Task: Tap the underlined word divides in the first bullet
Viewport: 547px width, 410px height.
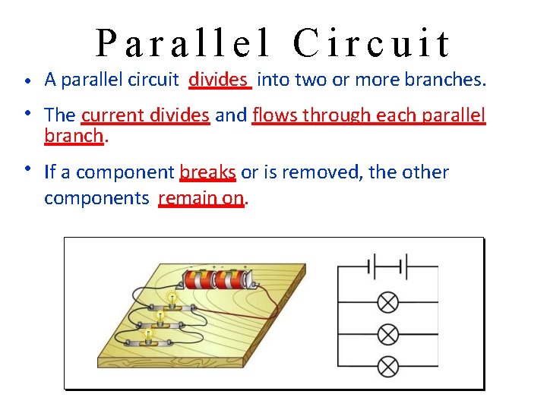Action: coord(218,79)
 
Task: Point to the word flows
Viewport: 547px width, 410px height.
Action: coord(276,115)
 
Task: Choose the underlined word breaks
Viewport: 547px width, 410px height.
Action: coord(208,172)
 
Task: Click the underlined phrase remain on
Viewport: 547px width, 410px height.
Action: coord(202,199)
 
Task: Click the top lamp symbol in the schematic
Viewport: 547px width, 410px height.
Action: coord(388,302)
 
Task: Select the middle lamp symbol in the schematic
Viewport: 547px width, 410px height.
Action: coord(388,335)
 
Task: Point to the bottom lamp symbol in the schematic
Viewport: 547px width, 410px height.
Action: coord(388,367)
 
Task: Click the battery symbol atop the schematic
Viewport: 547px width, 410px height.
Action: coord(388,267)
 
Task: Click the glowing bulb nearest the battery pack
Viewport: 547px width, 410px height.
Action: coord(173,299)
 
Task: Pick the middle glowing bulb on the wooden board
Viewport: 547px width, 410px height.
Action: coord(161,315)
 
